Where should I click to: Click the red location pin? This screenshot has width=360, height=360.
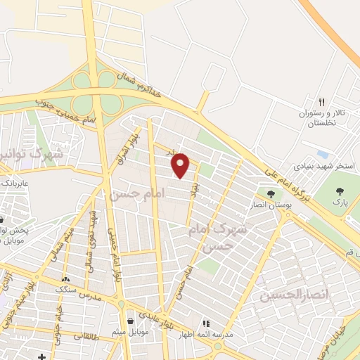pos(181,165)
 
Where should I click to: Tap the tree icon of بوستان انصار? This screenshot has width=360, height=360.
pos(270,194)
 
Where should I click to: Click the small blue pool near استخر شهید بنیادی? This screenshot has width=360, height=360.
pos(322,154)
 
